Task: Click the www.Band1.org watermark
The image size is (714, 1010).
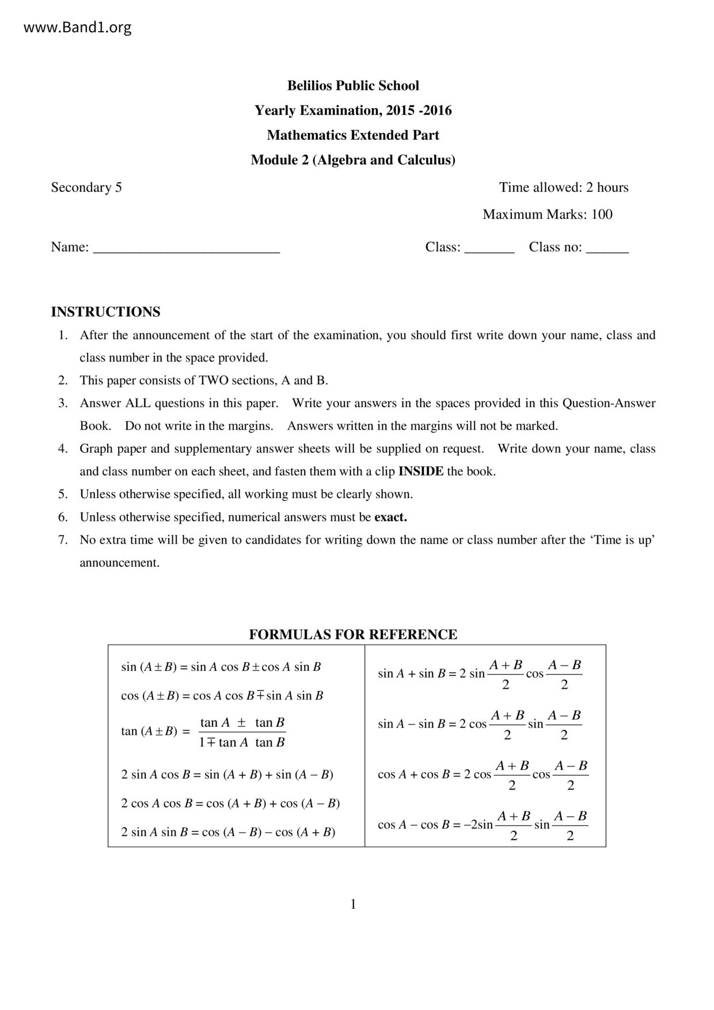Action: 77,28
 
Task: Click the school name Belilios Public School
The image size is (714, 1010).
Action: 353,86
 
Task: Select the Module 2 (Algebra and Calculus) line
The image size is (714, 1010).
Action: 353,160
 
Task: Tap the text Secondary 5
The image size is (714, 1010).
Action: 86,188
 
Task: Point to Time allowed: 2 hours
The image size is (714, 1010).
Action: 563,188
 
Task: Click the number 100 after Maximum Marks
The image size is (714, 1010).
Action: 602,215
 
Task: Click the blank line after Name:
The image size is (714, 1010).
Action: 187,249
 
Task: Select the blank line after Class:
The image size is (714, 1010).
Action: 489,249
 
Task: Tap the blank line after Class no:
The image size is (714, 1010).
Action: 607,249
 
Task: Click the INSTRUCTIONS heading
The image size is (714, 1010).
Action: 105,312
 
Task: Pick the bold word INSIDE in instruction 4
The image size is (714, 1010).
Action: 421,472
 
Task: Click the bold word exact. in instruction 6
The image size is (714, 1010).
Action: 390,517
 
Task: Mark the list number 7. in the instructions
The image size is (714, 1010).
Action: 63,540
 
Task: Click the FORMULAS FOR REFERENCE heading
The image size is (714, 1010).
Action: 353,635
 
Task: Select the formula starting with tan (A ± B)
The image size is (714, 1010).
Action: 203,732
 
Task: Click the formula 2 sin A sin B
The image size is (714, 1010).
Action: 228,832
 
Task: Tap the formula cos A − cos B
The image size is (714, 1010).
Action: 483,825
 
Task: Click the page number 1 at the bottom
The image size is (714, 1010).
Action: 353,905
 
